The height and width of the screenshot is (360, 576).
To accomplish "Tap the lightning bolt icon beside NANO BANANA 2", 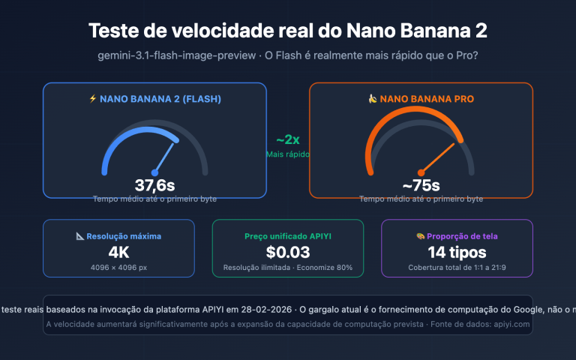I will (x=93, y=98).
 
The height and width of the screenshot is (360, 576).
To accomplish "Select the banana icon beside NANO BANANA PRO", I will (x=372, y=98).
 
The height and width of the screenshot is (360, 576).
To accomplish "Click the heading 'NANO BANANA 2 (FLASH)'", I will (x=160, y=98).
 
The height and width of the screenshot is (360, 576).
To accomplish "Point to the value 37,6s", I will (x=154, y=185).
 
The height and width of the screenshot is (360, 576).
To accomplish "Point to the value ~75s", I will (x=421, y=185).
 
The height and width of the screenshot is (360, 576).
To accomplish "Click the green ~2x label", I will (x=288, y=140).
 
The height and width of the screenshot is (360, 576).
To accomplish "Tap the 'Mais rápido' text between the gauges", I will (x=288, y=154).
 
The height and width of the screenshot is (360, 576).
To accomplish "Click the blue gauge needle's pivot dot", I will (x=154, y=171).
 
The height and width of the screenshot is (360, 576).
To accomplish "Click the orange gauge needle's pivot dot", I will (x=421, y=171).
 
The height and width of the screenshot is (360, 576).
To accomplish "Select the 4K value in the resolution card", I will (x=118, y=251).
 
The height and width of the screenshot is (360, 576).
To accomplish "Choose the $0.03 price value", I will (x=288, y=251).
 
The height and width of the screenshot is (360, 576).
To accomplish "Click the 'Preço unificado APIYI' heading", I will (x=288, y=235).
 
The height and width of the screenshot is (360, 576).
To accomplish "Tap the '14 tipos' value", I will (x=457, y=251).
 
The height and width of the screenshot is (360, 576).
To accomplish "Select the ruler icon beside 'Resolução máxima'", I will (x=80, y=235).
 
